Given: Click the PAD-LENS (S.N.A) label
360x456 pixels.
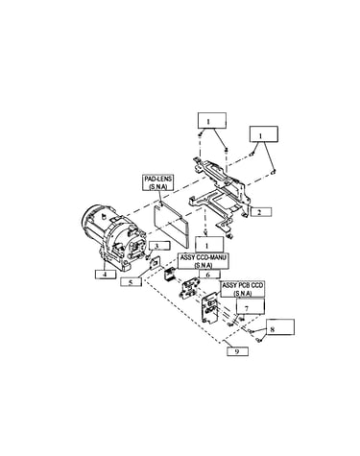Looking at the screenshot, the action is (157, 182).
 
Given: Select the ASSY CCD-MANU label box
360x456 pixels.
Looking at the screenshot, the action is (204, 261).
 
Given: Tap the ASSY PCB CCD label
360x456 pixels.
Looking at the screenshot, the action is (243, 289).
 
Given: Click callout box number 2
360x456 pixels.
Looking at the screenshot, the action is (261, 212).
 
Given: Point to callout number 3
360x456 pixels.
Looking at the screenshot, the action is (157, 246).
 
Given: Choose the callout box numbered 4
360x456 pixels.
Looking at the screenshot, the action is (106, 275).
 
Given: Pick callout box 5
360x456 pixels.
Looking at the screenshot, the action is (131, 282).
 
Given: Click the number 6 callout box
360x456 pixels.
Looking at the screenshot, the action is (208, 275).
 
